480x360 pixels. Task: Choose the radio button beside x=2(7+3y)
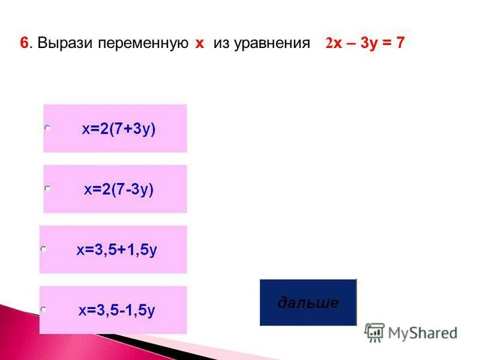click(x=47, y=128)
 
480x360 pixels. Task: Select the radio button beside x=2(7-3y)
click(x=47, y=189)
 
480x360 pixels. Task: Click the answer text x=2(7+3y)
click(x=119, y=129)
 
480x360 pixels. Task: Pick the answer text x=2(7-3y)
click(x=119, y=190)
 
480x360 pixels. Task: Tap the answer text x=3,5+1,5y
click(x=117, y=250)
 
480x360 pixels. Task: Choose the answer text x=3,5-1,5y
click(x=117, y=311)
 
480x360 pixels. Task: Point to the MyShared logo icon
click(x=374, y=333)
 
